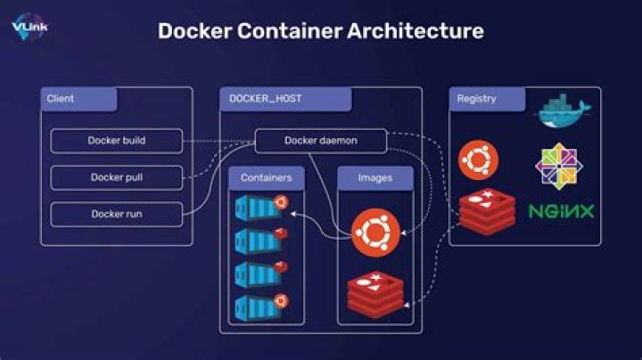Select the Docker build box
point(116,141)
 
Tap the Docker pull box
point(116,177)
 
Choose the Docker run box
point(116,214)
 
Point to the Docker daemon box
point(320,141)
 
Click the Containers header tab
point(266,178)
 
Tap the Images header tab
point(374,178)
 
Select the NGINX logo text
point(562,212)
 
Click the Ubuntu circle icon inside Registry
point(478,160)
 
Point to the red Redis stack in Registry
point(487,212)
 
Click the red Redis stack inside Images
point(375,293)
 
